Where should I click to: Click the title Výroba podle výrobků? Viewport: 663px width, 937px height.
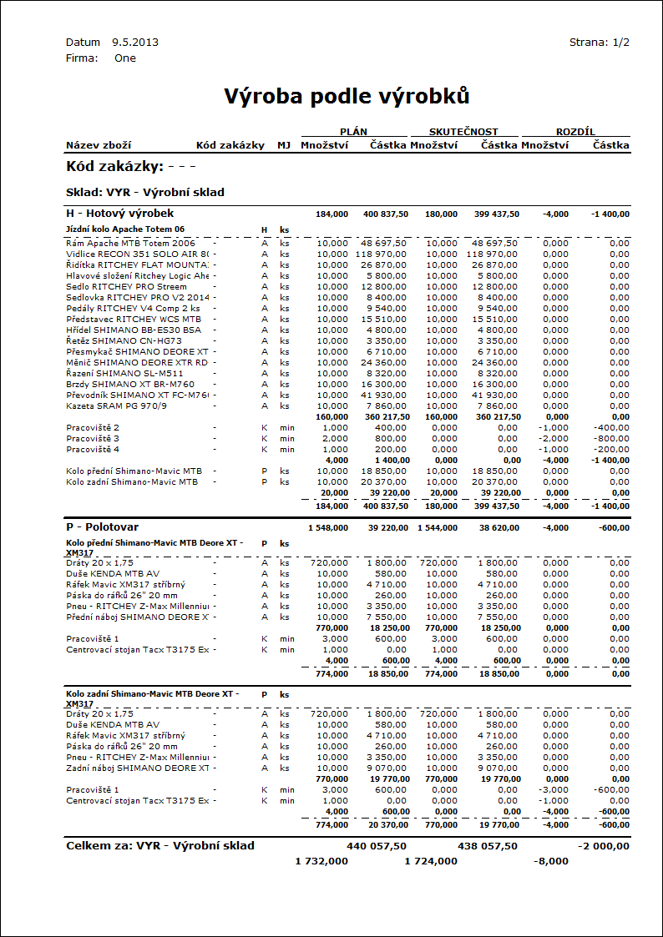(x=347, y=97)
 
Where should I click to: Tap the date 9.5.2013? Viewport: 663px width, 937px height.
(x=135, y=42)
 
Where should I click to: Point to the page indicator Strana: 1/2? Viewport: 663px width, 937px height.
(x=599, y=42)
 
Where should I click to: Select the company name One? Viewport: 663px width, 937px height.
(x=125, y=58)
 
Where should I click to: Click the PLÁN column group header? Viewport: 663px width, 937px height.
(x=354, y=131)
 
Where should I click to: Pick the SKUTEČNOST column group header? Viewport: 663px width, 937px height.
(x=463, y=131)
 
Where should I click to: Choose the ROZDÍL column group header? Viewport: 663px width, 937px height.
(x=575, y=131)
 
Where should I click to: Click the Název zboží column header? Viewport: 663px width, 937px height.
(x=99, y=145)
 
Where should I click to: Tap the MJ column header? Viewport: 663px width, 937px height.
(x=284, y=145)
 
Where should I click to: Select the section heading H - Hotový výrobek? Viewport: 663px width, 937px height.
(x=119, y=214)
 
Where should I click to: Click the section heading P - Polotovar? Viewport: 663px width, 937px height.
(x=102, y=527)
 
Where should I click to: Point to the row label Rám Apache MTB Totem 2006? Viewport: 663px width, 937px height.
(x=130, y=243)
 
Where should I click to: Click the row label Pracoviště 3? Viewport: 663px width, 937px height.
(x=93, y=438)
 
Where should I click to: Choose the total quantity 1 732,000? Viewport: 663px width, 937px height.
(x=321, y=861)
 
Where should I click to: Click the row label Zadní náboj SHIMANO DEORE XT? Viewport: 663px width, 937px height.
(x=137, y=768)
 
